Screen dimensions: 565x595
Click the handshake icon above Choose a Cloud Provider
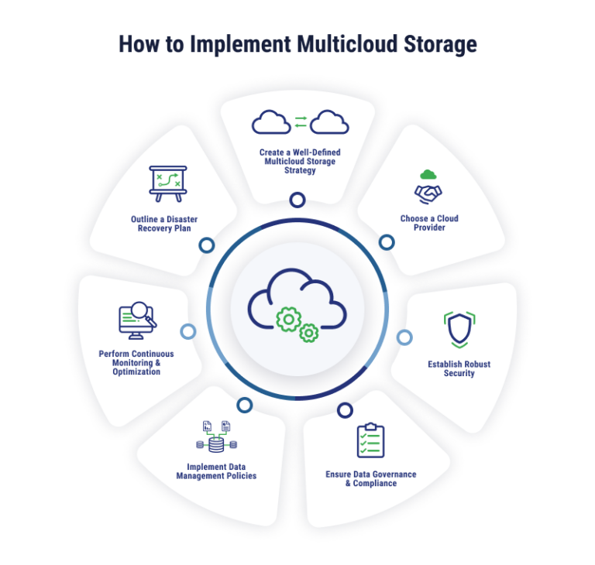pos(428,192)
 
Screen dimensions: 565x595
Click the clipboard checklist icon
pos(370,440)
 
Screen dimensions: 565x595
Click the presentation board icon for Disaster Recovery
pos(167,183)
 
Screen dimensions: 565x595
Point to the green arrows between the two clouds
pos(301,122)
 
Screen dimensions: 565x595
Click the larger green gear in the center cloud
pos(288,319)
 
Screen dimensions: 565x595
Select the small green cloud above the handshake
pos(428,174)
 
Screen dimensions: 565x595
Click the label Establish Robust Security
pos(459,368)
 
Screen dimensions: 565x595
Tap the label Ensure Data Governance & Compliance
pos(370,478)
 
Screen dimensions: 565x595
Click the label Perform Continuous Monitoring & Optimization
pos(136,362)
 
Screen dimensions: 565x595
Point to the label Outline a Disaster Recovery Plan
pos(164,224)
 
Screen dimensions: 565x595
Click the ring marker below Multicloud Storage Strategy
pos(297,200)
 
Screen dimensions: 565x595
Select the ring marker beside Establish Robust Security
pos(404,337)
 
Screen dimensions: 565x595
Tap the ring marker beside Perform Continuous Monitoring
pos(188,332)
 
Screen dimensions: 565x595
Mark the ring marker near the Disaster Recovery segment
pos(206,246)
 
